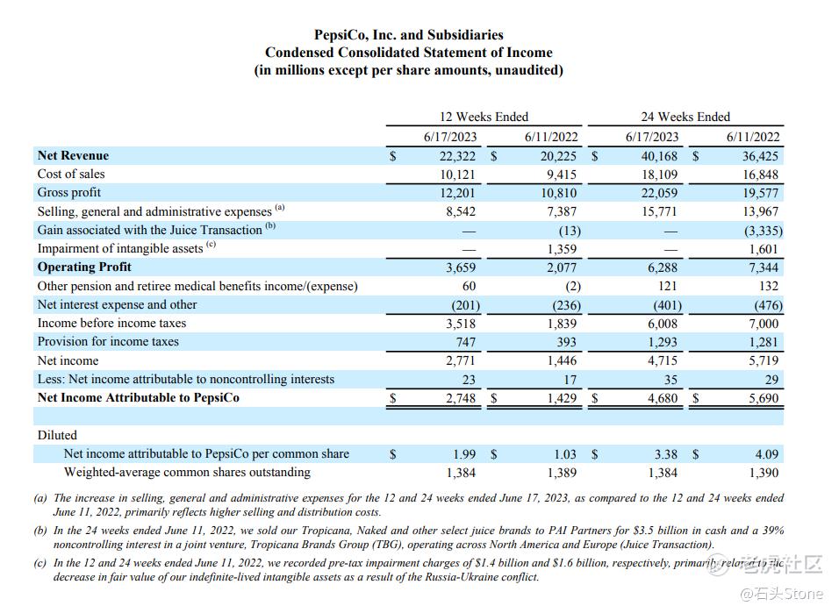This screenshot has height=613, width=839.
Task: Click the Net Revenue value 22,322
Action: (x=457, y=156)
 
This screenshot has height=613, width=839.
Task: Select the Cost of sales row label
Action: (x=71, y=175)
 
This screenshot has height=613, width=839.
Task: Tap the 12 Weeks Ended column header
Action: (x=484, y=117)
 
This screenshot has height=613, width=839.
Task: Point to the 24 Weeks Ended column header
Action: (x=685, y=117)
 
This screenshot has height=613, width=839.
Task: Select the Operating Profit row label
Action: (x=84, y=267)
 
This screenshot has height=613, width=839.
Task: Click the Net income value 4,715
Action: (x=662, y=360)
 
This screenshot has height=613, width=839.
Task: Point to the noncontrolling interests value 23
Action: (x=469, y=380)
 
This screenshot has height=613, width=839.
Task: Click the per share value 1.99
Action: (x=465, y=454)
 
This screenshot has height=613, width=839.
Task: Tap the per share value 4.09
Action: (x=764, y=454)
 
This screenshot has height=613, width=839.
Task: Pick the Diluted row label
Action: (x=57, y=435)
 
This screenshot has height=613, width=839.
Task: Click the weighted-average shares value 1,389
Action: (x=562, y=473)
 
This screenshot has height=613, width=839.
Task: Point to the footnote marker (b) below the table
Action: (x=40, y=531)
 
